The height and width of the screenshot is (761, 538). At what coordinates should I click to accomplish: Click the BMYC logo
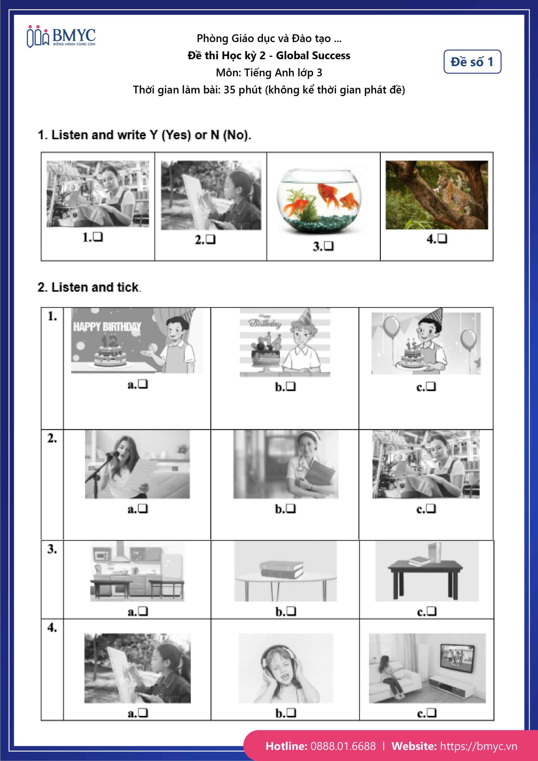click(61, 37)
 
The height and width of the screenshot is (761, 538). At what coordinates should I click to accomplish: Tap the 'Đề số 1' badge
click(472, 62)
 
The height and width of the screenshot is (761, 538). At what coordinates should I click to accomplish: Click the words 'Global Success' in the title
click(313, 56)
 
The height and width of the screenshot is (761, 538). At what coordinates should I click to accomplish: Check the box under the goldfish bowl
click(329, 246)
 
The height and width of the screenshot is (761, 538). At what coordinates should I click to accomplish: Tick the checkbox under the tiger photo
click(442, 238)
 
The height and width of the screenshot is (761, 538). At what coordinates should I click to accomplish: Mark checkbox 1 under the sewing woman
click(98, 237)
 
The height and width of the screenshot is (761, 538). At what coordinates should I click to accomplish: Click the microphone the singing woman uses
click(112, 455)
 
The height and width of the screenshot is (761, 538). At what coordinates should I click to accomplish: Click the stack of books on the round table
click(281, 570)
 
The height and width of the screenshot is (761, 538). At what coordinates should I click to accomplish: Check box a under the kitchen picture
click(143, 611)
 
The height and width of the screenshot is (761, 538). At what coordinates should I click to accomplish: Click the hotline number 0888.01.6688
click(343, 746)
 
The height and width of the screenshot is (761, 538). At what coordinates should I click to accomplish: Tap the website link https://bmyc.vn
click(478, 746)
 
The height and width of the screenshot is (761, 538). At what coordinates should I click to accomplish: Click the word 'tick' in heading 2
click(127, 287)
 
